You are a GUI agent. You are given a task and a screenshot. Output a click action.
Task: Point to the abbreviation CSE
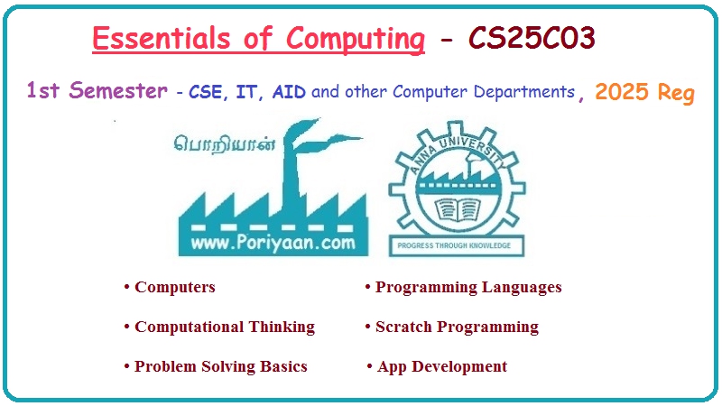pyautogui.click(x=205, y=92)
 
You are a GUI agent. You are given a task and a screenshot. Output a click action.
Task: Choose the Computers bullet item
pyautogui.click(x=174, y=288)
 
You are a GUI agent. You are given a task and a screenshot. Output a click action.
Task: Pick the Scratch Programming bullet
pyautogui.click(x=456, y=327)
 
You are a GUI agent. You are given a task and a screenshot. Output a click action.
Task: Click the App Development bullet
pyautogui.click(x=441, y=366)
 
